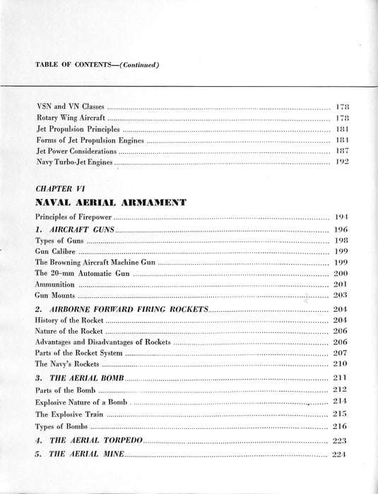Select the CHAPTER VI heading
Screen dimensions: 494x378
point(66,189)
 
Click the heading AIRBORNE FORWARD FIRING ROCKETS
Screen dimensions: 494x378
point(121,310)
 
